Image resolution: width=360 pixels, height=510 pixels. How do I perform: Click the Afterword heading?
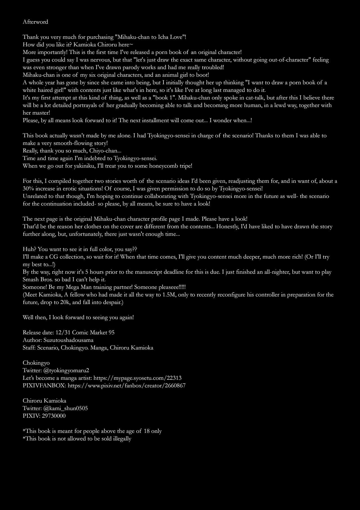coord(35,22)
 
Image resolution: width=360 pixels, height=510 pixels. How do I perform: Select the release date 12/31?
coord(63,332)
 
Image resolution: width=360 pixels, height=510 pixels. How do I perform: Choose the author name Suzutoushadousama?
coord(68,340)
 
